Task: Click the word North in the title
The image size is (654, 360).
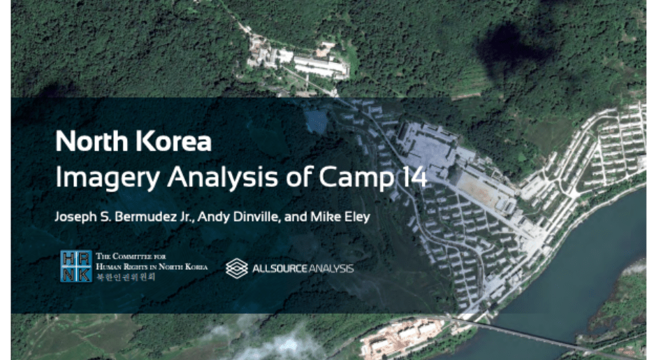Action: (92, 141)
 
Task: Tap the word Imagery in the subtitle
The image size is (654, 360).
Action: (108, 178)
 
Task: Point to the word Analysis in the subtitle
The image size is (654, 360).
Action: (222, 177)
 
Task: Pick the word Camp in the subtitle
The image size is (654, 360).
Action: (356, 178)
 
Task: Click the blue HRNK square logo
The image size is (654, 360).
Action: (76, 266)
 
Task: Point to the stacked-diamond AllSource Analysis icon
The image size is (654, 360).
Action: (236, 268)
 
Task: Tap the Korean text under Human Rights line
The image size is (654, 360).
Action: (126, 277)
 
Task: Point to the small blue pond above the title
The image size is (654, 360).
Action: (316, 122)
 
